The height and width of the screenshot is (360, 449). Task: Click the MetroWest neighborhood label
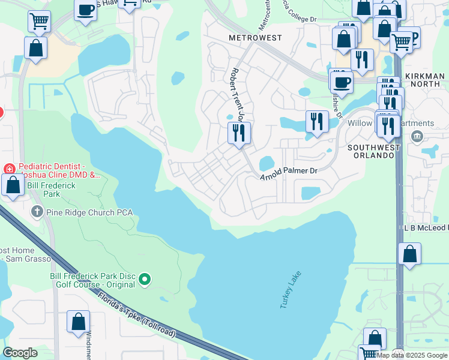tap(255, 38)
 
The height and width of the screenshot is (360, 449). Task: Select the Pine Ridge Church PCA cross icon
tap(37, 212)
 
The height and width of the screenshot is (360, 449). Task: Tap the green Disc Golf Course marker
tap(145, 279)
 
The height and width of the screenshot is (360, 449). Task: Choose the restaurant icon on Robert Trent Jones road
tap(239, 132)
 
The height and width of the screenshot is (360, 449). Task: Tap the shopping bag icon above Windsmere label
tap(78, 322)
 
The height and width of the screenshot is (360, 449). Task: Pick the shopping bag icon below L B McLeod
tap(410, 254)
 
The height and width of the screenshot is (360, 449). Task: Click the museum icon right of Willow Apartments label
tap(417, 136)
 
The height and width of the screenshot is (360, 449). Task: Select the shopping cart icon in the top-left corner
tap(38, 22)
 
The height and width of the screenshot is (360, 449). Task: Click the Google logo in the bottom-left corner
tap(20, 353)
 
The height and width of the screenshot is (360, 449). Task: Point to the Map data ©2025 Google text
tap(412, 355)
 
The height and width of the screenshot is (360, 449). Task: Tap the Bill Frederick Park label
tap(52, 190)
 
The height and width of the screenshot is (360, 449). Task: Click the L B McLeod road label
tap(426, 228)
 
